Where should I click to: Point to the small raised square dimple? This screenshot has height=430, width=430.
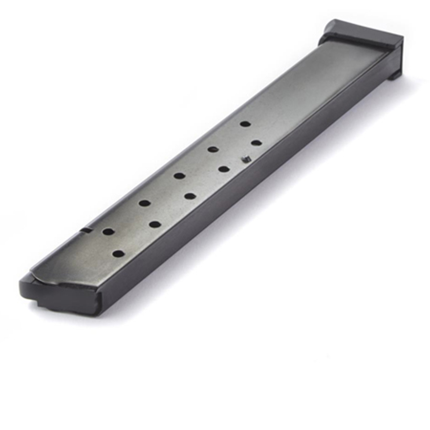246,160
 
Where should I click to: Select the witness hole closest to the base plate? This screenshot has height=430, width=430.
245,124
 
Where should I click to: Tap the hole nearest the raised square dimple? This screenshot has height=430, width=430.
256,143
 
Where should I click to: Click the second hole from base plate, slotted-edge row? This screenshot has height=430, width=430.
213,149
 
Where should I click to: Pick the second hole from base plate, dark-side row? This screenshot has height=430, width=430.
223,169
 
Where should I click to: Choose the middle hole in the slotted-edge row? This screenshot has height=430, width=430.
179,175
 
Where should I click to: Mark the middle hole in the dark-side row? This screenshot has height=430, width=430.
190,196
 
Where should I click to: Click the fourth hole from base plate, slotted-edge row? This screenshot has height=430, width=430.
144,203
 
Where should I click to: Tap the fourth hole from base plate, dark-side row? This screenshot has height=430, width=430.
155,224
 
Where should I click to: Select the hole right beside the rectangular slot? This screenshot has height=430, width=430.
108,232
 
